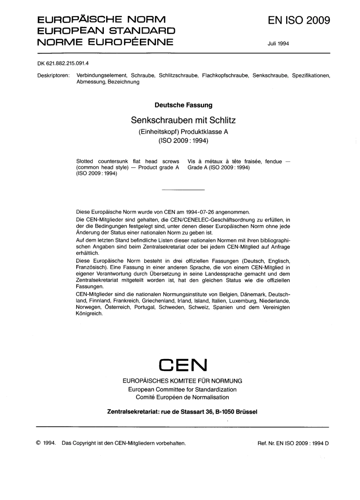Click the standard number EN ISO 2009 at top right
299,20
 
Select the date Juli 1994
278,44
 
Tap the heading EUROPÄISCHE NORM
101,19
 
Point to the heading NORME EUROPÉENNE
105,41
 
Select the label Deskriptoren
53,75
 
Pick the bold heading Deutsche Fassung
183,105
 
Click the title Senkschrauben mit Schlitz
183,120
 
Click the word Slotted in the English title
85,161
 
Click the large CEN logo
183,365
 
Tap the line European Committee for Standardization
182,389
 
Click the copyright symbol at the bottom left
38,443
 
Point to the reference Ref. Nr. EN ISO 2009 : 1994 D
293,443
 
